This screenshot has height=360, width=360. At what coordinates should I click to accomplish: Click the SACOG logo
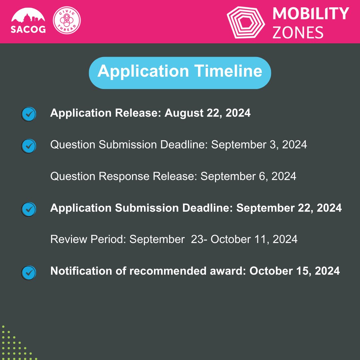28,21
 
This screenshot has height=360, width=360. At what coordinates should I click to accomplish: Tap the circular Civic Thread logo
67,21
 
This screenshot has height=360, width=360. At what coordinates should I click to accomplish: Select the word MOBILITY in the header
310,14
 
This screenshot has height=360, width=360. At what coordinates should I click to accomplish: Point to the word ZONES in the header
298,32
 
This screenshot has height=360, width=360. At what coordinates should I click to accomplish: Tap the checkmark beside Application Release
29,114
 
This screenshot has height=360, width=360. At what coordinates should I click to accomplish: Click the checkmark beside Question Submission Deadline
29,146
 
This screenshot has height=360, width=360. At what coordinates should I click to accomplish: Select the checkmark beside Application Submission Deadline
29,209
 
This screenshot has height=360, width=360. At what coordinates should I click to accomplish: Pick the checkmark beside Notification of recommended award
29,272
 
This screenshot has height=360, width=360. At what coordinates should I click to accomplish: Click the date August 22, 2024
207,113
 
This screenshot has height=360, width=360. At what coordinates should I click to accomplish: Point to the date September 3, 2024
259,145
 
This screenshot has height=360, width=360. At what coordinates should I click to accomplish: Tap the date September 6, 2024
248,176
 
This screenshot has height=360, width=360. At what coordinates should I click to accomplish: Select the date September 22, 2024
289,208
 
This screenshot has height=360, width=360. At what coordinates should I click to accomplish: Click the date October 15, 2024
294,271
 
